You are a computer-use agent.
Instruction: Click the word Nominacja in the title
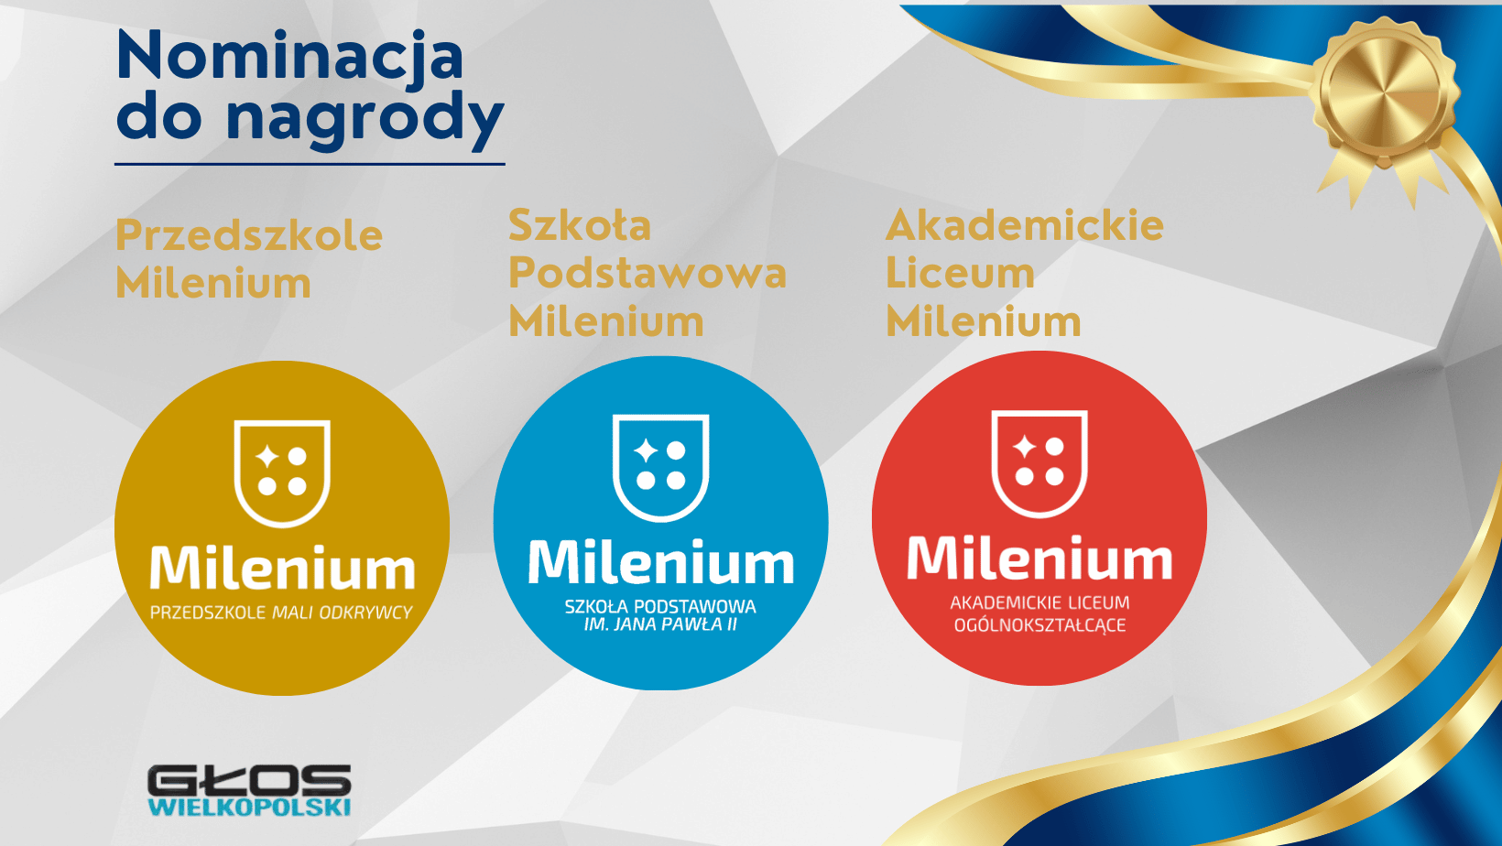[x=289, y=58]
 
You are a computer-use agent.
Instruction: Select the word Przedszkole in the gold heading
[x=249, y=236]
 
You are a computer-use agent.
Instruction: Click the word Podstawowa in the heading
[x=648, y=274]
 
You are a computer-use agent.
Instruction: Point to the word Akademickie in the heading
[x=1025, y=225]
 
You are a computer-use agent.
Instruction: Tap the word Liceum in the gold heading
[x=960, y=274]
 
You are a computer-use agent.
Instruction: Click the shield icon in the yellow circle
[x=282, y=473]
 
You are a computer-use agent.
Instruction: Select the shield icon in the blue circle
[x=660, y=468]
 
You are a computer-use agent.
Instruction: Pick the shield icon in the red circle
[x=1039, y=464]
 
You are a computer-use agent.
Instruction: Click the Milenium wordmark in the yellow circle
[x=282, y=569]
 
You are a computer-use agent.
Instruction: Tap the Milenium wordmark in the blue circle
[x=661, y=562]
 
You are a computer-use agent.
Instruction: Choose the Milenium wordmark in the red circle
[x=1040, y=558]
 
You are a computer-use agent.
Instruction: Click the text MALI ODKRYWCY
[x=342, y=613]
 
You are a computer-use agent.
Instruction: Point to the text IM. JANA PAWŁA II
[x=660, y=624]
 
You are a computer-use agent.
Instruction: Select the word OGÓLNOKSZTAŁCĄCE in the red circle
[x=1040, y=625]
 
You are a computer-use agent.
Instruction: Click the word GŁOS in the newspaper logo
[x=249, y=780]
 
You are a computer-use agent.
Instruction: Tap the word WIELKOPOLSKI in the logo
[x=249, y=807]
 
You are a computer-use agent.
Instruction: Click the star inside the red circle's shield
[x=1025, y=447]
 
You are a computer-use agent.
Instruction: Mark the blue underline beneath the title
[x=310, y=164]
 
